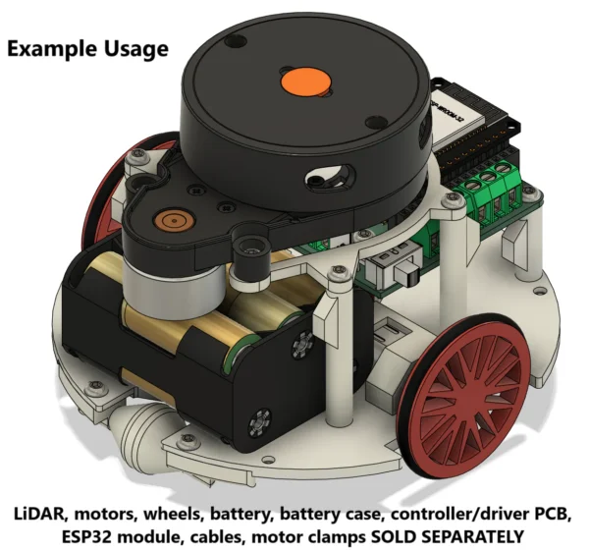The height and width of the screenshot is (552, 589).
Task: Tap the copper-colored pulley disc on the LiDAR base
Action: coord(174,221)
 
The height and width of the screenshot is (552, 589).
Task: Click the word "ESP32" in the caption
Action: coord(86,536)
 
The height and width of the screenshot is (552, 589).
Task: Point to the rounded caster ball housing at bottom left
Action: coord(146,420)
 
